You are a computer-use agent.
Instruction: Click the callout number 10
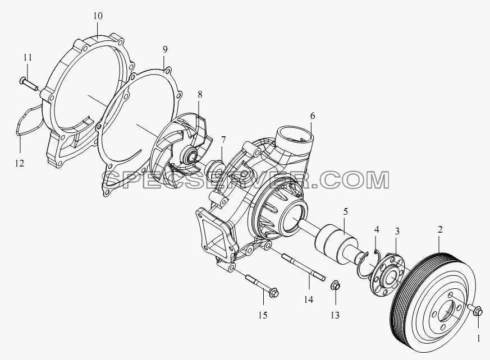[98, 16]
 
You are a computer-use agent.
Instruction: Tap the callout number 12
[20, 163]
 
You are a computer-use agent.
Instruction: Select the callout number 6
[313, 116]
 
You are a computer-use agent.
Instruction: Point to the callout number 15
[263, 315]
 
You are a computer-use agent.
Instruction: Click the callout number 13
[335, 315]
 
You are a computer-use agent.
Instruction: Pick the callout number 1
[478, 339]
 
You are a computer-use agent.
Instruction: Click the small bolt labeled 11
[29, 84]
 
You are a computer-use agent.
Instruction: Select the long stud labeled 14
[304, 267]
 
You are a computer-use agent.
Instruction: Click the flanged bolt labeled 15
[262, 285]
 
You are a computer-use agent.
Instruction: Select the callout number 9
[165, 49]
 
